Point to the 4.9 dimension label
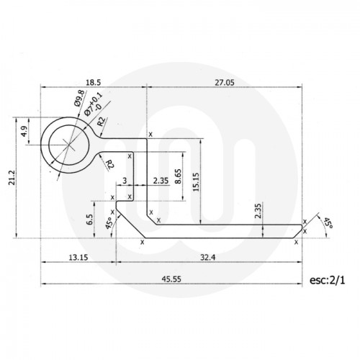click(24, 132)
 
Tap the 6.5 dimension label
click(90, 218)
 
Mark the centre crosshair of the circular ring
click(69, 142)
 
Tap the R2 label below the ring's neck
click(109, 166)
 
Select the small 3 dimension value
click(125, 180)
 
